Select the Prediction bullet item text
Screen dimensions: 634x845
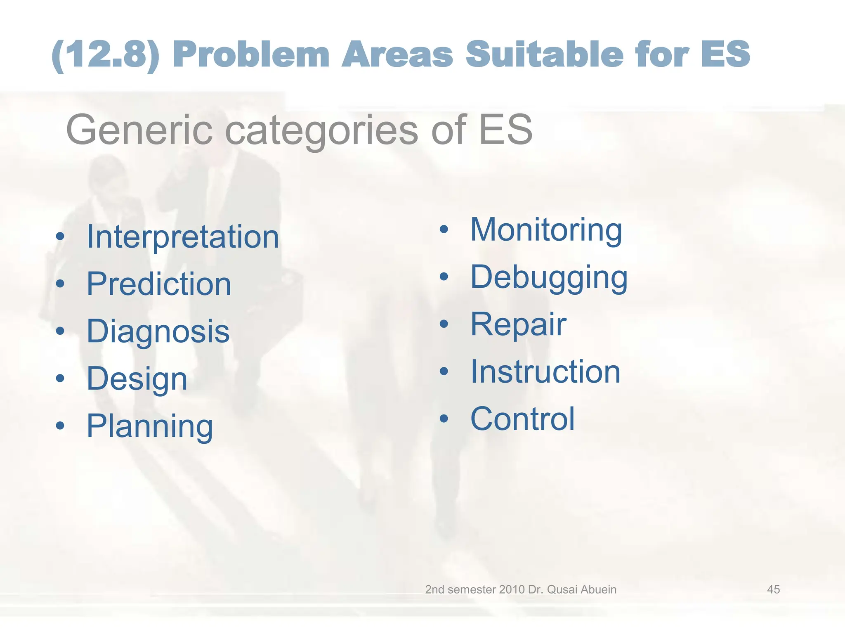click(159, 284)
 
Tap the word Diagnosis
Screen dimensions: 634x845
click(158, 331)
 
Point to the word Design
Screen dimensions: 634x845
click(137, 379)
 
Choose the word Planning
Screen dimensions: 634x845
click(150, 426)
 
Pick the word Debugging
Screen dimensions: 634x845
click(549, 277)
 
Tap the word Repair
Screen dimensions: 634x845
click(518, 325)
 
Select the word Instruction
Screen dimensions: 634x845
click(545, 372)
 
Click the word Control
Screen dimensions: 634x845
click(522, 419)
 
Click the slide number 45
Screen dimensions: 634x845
click(773, 589)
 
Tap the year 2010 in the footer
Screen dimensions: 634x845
click(512, 589)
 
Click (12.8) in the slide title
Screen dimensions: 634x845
click(106, 55)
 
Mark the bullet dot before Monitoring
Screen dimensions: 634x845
click(444, 230)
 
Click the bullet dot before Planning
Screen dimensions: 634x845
click(60, 426)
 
